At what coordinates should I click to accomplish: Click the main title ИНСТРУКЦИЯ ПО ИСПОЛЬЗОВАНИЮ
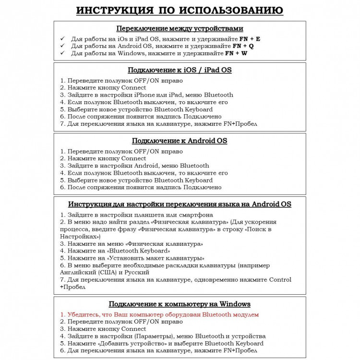point(180,11)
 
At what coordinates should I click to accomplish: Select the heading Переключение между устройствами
point(180,28)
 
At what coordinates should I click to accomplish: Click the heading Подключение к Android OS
point(180,141)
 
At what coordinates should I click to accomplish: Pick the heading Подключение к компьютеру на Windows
point(180,304)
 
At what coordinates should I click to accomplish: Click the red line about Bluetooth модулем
point(159,314)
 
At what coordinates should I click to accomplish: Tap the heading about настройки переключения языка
point(180,204)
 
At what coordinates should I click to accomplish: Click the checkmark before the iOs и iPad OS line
point(62,38)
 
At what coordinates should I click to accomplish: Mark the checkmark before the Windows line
point(62,53)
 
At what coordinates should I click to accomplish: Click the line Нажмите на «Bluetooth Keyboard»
point(115,251)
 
